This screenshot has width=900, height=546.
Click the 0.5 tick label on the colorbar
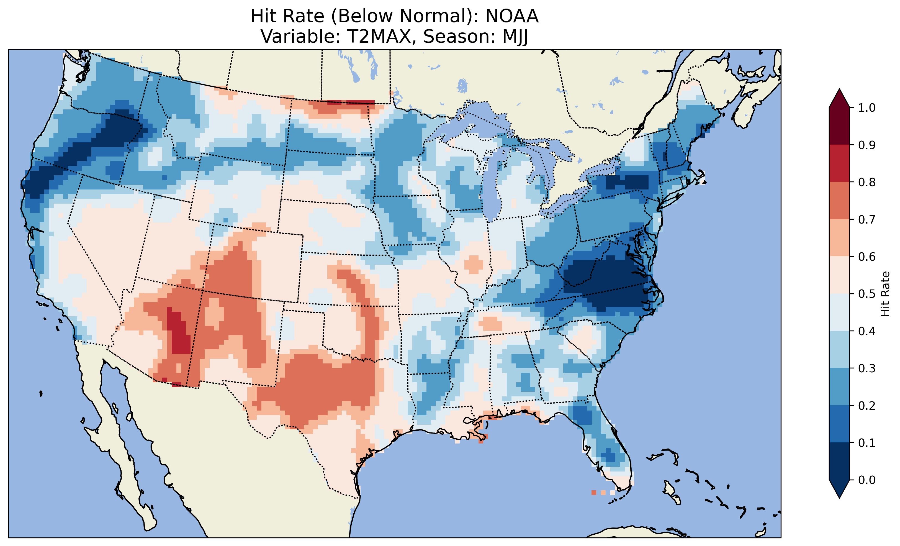[867, 294]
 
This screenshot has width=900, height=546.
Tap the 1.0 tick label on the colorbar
[867, 108]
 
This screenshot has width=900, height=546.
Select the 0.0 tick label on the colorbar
[867, 480]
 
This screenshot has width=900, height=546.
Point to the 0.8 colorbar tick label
[867, 182]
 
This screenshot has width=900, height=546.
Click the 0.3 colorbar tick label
[867, 368]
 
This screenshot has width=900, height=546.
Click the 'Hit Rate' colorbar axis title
[885, 294]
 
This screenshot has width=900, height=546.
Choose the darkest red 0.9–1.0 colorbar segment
[839, 126]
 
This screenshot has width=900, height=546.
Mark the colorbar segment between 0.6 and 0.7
[839, 238]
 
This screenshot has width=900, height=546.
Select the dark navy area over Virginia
[606, 281]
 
